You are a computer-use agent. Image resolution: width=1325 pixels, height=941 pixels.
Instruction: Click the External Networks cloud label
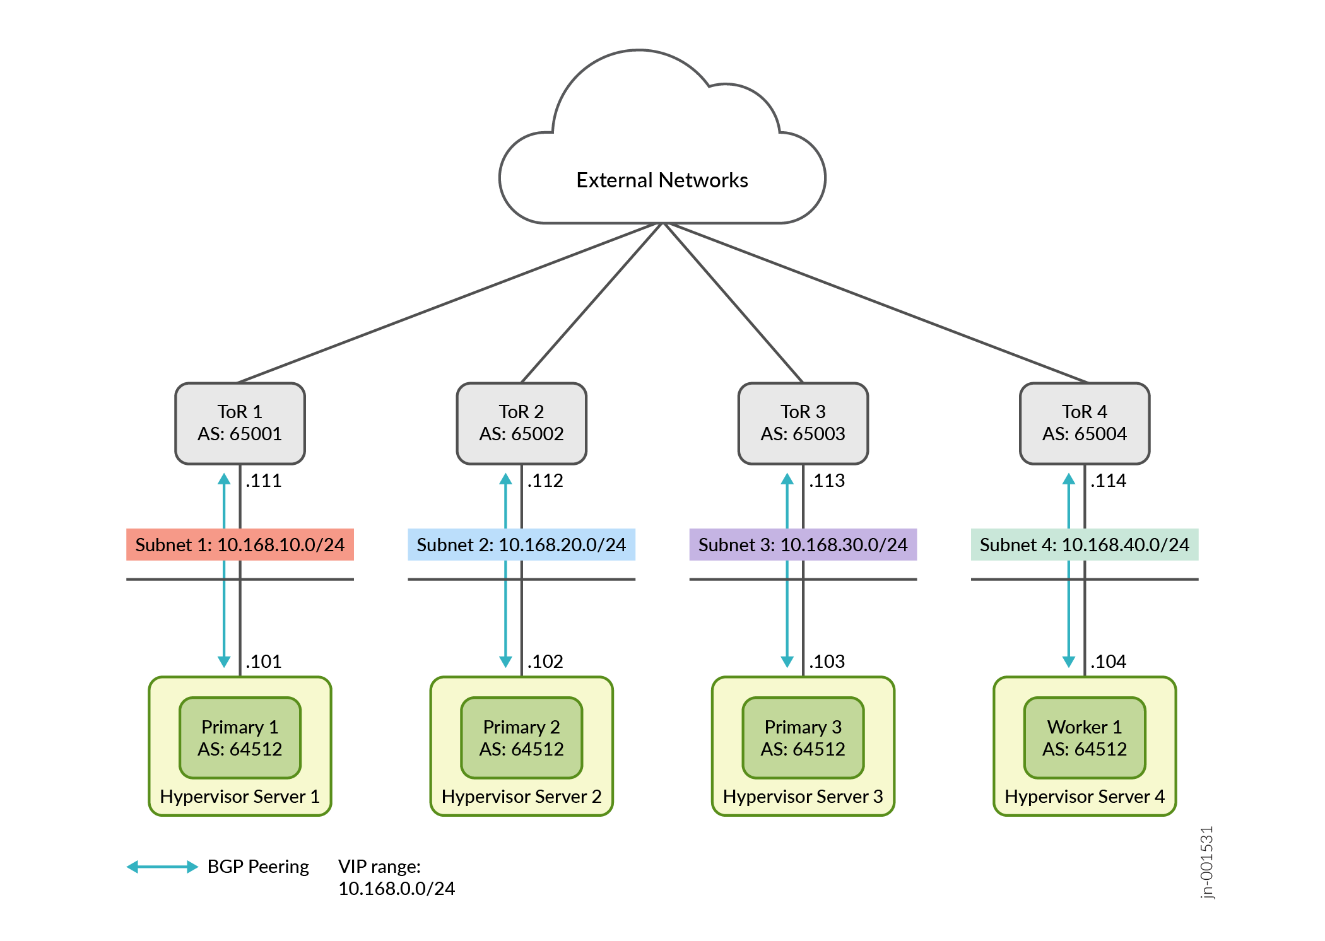pos(662,180)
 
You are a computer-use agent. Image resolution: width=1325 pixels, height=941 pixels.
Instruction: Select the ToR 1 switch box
pos(240,423)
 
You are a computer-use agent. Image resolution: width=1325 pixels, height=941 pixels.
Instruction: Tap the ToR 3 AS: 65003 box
pos(803,423)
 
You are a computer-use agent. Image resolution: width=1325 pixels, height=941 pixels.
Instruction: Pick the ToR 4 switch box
pos(1084,423)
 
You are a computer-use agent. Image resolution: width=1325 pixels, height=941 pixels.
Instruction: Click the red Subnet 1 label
pos(240,544)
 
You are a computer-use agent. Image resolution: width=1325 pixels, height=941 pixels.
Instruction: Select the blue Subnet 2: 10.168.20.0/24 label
pos(521,544)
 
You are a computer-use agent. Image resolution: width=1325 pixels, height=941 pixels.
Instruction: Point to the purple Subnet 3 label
pos(803,544)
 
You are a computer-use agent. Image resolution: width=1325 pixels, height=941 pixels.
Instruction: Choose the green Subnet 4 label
pos(1084,544)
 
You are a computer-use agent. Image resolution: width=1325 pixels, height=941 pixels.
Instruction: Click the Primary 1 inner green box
pos(240,737)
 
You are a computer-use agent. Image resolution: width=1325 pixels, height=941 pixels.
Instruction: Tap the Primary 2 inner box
pos(521,737)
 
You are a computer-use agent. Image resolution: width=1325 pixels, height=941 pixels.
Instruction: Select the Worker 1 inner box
pos(1084,737)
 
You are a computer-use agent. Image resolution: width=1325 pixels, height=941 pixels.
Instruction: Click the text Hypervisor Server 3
pos(803,797)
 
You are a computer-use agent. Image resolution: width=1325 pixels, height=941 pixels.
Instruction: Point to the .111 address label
pos(264,481)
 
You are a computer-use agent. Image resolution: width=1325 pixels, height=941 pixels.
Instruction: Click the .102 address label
pos(545,662)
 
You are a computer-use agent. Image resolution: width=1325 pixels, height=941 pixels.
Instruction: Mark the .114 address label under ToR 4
pos(1109,481)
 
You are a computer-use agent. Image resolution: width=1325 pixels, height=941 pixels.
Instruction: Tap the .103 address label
pos(827,662)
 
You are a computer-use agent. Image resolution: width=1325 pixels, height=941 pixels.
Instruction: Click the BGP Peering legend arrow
pos(162,867)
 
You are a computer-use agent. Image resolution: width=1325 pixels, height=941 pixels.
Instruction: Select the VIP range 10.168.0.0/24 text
pos(396,877)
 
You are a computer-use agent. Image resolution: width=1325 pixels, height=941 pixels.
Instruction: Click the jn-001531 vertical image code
pos(1206,862)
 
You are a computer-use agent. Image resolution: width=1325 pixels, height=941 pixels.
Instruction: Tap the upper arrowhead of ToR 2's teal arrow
pos(505,479)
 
